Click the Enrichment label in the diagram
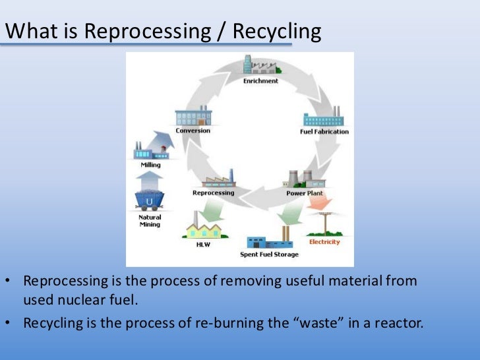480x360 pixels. [x=260, y=81]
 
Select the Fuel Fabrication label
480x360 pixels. [x=324, y=132]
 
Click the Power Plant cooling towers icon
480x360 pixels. [x=300, y=179]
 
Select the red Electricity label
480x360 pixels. [x=324, y=242]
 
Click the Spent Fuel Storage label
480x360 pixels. [x=269, y=255]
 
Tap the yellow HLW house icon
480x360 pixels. [x=203, y=229]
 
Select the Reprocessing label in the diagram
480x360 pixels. [x=213, y=193]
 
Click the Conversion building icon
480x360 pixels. [x=193, y=117]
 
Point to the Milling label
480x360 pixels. [x=151, y=165]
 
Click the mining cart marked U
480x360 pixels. [x=150, y=199]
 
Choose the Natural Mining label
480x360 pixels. [x=150, y=221]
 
